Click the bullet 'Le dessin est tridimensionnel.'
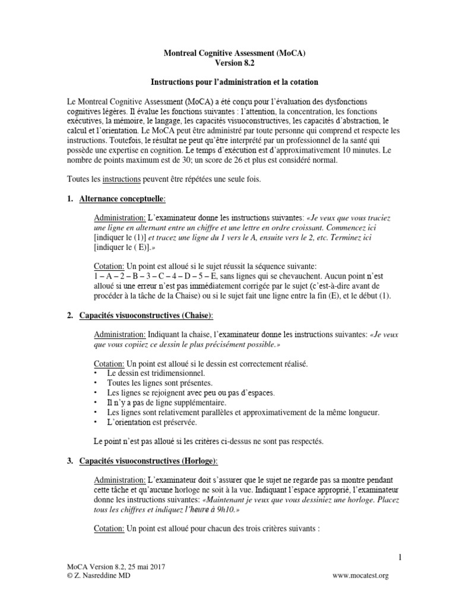click(156, 373)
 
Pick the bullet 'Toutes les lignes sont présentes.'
click(160, 383)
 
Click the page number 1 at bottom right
click(400, 556)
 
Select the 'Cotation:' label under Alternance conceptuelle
click(109, 267)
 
